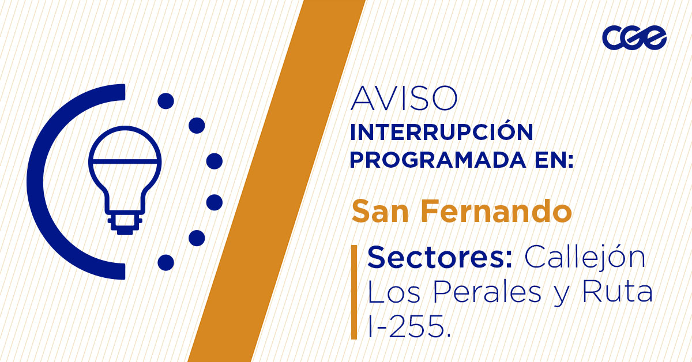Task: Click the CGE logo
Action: (634, 38)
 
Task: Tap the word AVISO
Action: (404, 99)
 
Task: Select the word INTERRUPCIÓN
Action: (441, 133)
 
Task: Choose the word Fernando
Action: (495, 211)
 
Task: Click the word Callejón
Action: (584, 257)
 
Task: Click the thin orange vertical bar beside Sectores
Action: (353, 292)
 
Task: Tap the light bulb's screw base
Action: (124, 222)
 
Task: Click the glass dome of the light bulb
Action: (124, 147)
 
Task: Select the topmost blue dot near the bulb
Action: (166, 101)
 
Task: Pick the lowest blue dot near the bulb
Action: (166, 262)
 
